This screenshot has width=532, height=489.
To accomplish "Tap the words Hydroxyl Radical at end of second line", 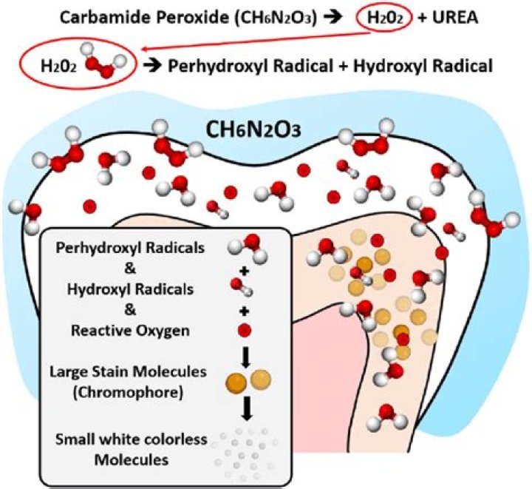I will click(423, 66).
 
